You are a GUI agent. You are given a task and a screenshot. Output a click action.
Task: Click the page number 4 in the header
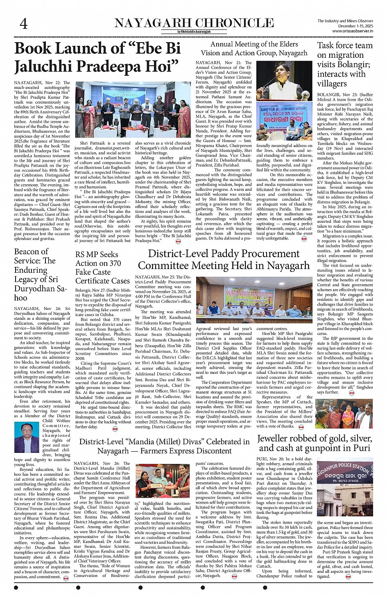pos(24,24)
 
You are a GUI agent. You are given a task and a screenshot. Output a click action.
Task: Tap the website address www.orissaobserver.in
pos(352,31)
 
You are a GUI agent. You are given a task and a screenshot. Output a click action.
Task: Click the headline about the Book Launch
pos(97,57)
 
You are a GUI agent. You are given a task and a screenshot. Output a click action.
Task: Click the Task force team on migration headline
pos(344,64)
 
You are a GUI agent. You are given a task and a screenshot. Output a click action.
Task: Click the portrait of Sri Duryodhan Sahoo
pos(27,437)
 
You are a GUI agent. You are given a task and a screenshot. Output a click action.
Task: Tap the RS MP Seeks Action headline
pos(102,267)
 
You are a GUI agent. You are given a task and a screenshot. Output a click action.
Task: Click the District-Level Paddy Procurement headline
pos(224,260)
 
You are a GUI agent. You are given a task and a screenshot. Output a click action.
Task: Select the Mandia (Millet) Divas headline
pos(164,446)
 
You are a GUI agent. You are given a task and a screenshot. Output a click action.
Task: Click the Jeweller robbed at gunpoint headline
pos(315,443)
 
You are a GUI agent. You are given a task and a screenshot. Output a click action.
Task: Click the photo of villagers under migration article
pos(344,414)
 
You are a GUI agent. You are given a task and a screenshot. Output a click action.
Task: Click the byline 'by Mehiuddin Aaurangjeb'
pos(194,32)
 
